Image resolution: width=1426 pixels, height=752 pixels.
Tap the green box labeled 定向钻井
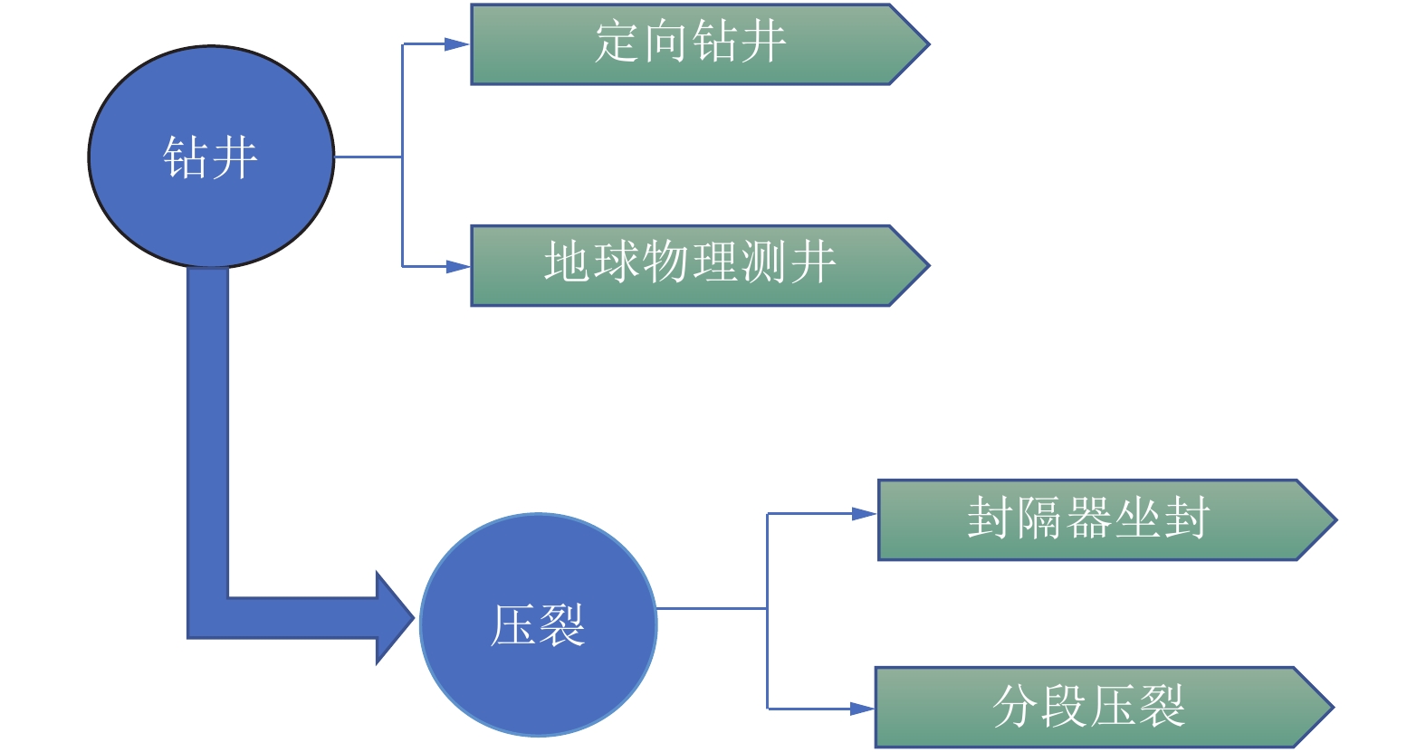(688, 43)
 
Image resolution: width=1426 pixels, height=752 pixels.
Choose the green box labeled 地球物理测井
(688, 264)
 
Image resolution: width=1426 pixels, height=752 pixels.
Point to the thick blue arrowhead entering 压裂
(395, 618)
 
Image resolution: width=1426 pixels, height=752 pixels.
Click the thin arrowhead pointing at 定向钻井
(457, 43)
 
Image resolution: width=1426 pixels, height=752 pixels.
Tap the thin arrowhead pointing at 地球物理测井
(457, 266)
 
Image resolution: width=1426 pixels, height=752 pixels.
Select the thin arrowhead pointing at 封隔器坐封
(864, 514)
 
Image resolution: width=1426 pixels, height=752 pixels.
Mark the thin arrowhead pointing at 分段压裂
(862, 709)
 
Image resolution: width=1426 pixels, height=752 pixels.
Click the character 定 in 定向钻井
(617, 43)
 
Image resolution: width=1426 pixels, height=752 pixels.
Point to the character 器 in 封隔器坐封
(1089, 519)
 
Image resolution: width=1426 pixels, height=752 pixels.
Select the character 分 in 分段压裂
(1016, 706)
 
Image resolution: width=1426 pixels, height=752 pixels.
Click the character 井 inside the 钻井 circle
(235, 158)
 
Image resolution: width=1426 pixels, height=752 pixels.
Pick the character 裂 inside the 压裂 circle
(562, 625)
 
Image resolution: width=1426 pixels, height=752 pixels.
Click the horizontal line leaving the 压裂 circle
(711, 608)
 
